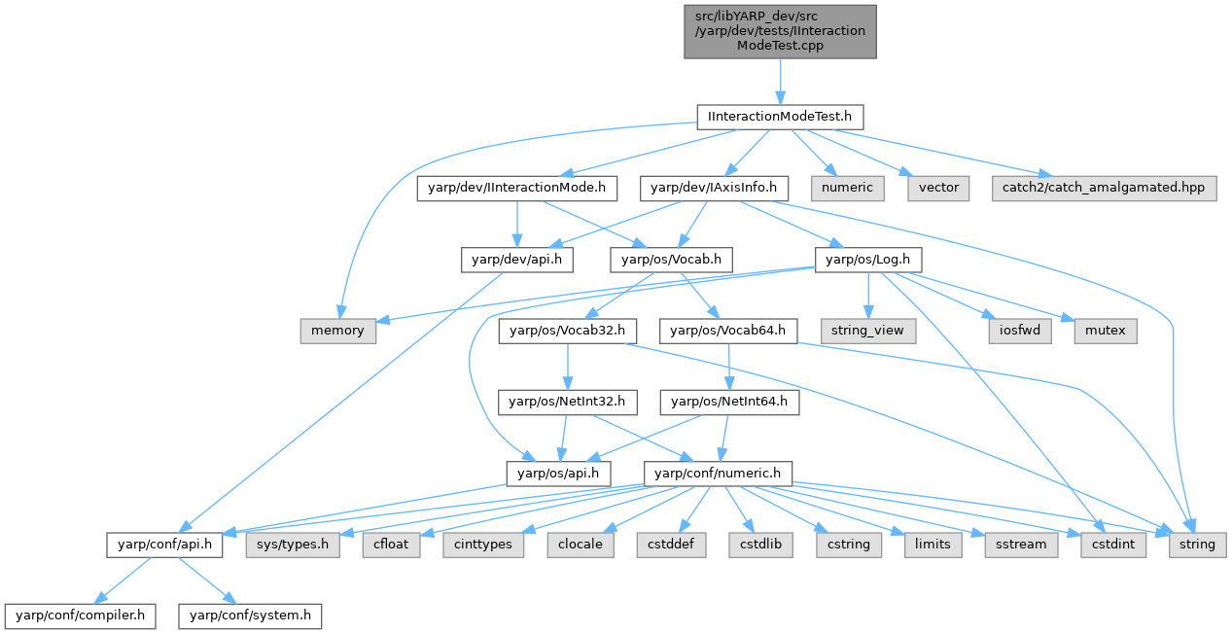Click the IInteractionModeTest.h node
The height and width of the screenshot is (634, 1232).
point(780,117)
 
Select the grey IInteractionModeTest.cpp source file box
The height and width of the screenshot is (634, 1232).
point(780,31)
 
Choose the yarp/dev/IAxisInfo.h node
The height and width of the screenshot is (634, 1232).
point(713,188)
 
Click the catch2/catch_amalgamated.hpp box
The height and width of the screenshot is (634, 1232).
point(1105,188)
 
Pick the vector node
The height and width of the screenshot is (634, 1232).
point(937,188)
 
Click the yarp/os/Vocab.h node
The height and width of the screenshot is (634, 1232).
point(671,260)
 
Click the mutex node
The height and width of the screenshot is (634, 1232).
point(1105,331)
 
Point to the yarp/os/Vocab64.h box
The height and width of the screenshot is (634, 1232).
point(729,331)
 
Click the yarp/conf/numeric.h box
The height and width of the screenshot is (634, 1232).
point(719,473)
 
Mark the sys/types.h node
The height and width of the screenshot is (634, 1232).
point(293,544)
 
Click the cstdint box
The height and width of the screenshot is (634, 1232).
point(1112,544)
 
